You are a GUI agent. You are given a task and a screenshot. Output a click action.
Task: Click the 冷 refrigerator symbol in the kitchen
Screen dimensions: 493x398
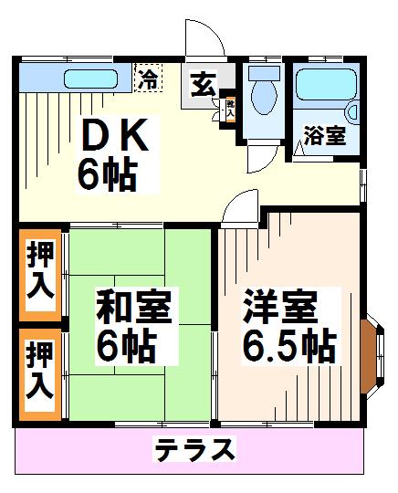point(147,78)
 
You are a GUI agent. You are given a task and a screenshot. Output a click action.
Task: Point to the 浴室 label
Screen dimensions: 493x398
point(324,137)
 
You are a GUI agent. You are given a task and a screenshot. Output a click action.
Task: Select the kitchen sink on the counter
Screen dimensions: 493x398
point(89,78)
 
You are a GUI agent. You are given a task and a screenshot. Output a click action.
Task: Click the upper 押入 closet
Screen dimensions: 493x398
point(39,271)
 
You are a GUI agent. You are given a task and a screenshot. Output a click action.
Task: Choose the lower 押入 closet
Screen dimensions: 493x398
point(39,374)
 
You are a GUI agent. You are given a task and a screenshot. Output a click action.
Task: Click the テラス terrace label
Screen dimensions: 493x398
point(194,450)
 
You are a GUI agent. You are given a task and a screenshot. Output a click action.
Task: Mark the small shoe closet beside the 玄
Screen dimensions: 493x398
point(229,108)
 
